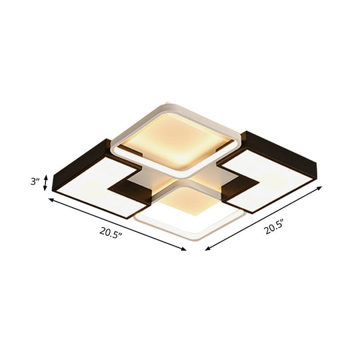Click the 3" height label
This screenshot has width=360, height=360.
click(x=33, y=181)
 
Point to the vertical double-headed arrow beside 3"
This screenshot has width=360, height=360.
click(x=45, y=182)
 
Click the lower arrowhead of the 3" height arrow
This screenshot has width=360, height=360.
click(x=45, y=190)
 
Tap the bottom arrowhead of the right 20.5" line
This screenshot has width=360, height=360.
click(x=206, y=249)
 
